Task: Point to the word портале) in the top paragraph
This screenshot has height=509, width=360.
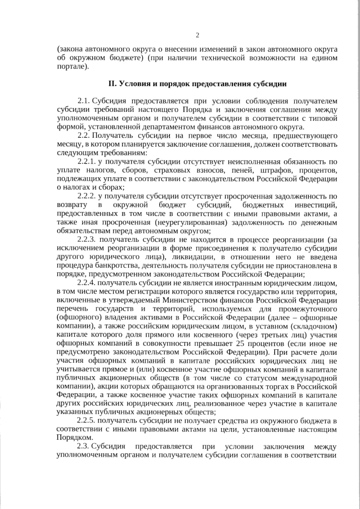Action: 73,66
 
